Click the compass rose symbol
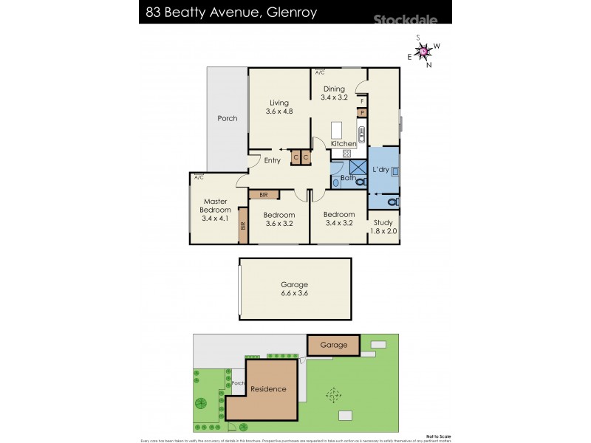[423, 51]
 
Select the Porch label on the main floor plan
[228, 118]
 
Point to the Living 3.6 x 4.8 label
[279, 107]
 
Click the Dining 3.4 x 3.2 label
[334, 92]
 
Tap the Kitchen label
[344, 143]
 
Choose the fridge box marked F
[362, 100]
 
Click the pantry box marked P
[362, 112]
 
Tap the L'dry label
[381, 170]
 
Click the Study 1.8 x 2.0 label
[384, 227]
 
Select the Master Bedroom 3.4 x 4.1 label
[215, 209]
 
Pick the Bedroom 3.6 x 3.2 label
[279, 219]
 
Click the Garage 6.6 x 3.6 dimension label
[294, 289]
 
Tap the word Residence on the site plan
[267, 389]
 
